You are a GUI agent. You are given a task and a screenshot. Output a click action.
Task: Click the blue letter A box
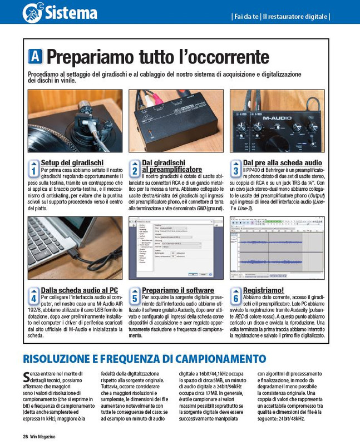click(35, 56)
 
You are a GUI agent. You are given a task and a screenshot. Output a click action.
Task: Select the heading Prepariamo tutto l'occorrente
click(157, 57)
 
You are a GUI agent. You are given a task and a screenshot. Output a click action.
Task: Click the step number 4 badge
click(33, 295)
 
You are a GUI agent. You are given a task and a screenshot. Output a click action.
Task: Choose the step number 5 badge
click(135, 295)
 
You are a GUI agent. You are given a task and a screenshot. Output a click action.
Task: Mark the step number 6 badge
click(235, 295)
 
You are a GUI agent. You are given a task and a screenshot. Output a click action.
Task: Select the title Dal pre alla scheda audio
click(282, 162)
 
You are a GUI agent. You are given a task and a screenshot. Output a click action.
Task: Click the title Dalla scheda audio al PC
click(79, 290)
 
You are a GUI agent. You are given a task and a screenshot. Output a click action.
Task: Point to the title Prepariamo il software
click(177, 290)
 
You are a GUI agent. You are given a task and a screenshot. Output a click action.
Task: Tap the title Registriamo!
click(263, 290)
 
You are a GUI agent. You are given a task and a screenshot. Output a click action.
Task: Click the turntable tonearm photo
click(75, 121)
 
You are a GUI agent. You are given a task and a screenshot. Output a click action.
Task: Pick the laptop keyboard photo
click(75, 248)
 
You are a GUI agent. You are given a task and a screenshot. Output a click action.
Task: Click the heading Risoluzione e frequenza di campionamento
click(144, 359)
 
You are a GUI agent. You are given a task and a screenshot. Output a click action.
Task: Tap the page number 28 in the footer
click(26, 436)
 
